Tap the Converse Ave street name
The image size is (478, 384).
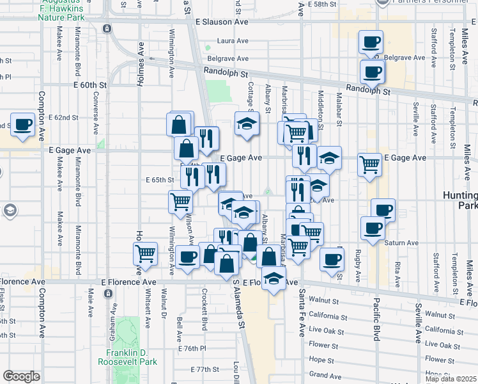click(x=95, y=109)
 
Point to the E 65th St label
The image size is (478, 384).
click(x=160, y=180)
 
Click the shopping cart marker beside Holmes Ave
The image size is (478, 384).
click(x=146, y=253)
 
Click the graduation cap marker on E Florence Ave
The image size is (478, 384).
click(x=274, y=280)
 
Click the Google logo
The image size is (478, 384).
click(x=21, y=376)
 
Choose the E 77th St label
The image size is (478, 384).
click(x=205, y=370)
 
